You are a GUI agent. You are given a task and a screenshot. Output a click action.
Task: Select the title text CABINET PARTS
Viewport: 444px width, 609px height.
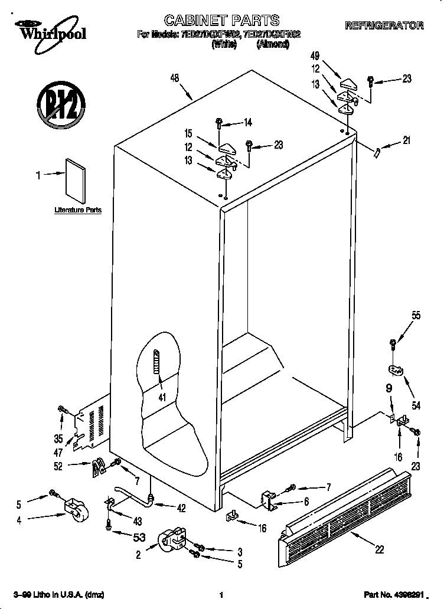click(x=221, y=22)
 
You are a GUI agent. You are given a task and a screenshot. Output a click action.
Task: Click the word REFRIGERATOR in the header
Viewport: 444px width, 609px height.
click(x=384, y=25)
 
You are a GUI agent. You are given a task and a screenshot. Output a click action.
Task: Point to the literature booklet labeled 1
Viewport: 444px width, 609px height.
click(x=75, y=180)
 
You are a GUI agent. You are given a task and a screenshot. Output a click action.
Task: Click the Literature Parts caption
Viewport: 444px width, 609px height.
click(x=78, y=210)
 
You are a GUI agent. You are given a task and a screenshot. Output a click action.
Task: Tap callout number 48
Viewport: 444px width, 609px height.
click(x=174, y=77)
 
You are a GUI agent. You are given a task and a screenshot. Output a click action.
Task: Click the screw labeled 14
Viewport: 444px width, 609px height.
click(x=219, y=124)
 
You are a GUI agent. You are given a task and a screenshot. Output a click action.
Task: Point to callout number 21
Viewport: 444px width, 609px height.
click(x=406, y=140)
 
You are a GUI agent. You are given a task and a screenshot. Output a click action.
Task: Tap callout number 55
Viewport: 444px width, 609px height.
click(x=416, y=316)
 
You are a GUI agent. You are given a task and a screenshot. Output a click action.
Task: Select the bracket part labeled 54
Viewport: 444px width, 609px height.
click(x=396, y=370)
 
